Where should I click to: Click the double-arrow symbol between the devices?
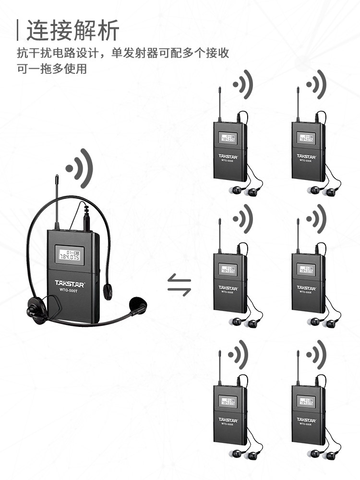coord(179,286)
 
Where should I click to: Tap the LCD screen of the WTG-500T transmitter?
coord(69,255)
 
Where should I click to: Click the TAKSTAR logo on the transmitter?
coord(69,283)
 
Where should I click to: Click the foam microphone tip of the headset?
coord(137,305)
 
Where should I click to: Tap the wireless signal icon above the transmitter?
coord(79,168)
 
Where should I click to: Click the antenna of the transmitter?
coord(56,202)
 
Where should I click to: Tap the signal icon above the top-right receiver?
coord(317,85)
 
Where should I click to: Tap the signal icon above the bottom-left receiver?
coord(239,355)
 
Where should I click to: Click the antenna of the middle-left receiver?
coord(220,235)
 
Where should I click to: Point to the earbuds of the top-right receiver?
coord(323,191)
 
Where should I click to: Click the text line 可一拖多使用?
coord(52,69)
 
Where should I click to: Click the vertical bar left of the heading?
coord(18,30)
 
